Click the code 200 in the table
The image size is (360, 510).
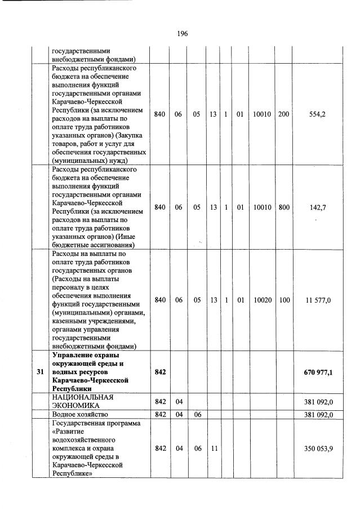283,114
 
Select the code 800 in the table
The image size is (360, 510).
283,207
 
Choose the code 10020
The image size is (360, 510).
261,300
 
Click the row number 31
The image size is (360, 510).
39,372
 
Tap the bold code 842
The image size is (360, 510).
160,372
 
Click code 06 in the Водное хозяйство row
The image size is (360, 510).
197,415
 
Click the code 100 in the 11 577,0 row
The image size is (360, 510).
283,300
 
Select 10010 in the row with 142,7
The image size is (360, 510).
261,207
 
